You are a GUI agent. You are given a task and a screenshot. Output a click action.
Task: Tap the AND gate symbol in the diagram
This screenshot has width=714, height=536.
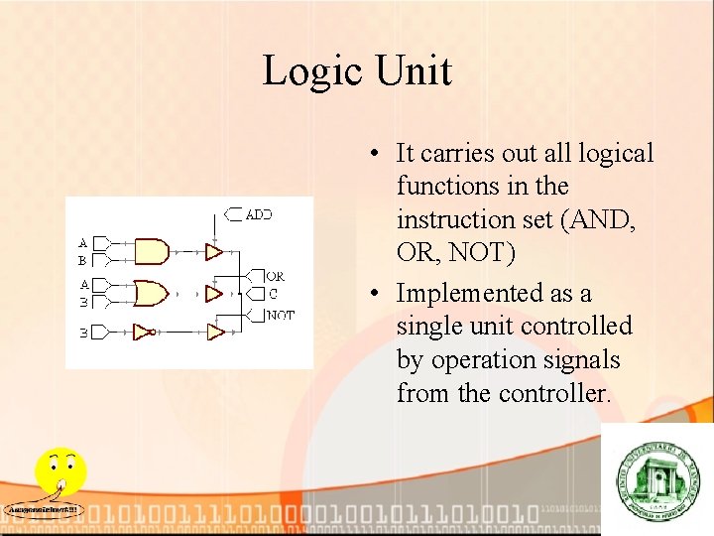pos(151,251)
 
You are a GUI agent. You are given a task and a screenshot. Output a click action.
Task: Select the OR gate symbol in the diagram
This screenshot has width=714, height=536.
pos(151,293)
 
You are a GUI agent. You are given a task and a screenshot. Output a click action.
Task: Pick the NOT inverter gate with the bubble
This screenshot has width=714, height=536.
pos(145,332)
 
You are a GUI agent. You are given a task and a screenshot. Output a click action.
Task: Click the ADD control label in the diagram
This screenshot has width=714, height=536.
pos(258,213)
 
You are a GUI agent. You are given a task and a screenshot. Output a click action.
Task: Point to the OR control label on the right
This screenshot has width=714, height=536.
pos(275,276)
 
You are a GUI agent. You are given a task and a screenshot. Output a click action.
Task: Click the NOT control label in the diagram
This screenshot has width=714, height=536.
pos(280,315)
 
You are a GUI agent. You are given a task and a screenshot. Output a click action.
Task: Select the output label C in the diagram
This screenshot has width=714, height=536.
pos(273,294)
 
